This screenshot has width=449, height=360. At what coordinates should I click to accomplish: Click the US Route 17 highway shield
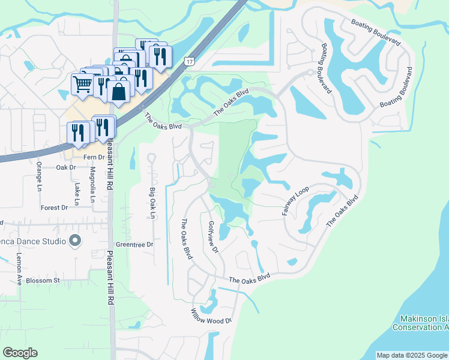point(190,62)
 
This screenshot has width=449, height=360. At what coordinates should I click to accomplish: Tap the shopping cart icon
point(82,83)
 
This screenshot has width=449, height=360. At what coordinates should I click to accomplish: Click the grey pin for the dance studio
point(75,241)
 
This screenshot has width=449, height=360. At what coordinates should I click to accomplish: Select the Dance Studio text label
point(33,242)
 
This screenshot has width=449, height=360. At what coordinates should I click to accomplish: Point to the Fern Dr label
point(94,157)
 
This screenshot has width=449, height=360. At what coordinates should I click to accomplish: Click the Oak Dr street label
point(66,168)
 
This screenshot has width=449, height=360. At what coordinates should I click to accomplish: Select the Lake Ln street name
point(77,193)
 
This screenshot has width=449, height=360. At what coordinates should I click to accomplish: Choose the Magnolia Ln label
point(92,185)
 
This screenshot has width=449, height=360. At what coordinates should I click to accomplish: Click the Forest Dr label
point(55,208)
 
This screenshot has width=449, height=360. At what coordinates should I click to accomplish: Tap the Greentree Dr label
point(134,245)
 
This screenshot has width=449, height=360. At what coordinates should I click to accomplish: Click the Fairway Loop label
point(295,201)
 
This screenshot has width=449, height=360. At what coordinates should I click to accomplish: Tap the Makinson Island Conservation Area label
point(420,323)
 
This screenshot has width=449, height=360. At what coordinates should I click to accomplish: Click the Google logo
point(20,353)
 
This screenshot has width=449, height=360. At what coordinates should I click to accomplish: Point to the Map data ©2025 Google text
point(412,355)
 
